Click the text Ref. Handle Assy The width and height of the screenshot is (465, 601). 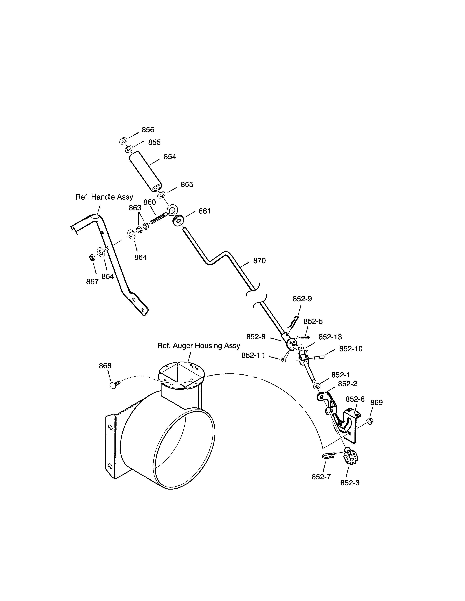click(x=104, y=197)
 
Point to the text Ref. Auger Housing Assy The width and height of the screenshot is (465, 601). click(x=199, y=346)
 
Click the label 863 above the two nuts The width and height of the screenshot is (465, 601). click(x=135, y=208)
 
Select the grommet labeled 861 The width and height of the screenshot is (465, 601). click(x=178, y=220)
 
